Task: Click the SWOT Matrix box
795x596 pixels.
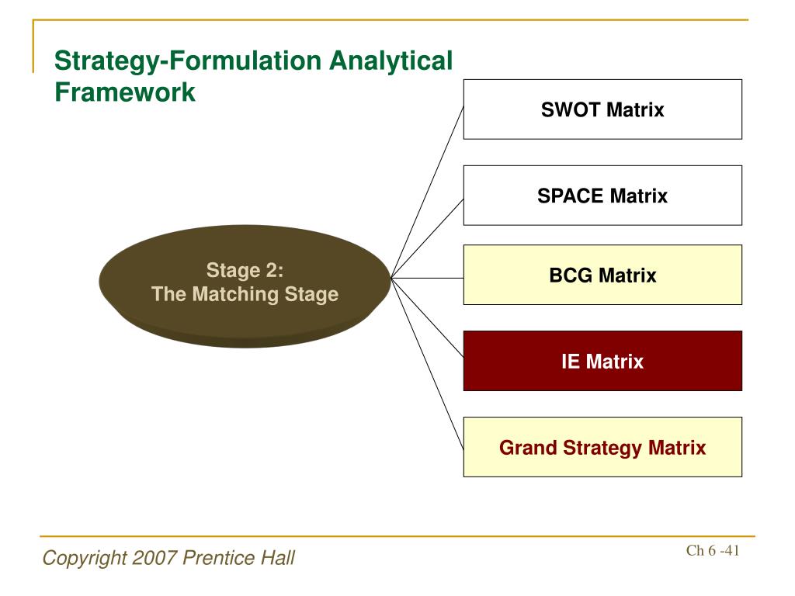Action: [602, 109]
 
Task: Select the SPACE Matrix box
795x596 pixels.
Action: [602, 196]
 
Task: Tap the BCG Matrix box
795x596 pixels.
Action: [602, 275]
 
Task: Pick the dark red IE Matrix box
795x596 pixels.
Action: [602, 362]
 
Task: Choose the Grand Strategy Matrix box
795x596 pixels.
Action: [602, 448]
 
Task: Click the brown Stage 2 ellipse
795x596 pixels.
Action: [245, 286]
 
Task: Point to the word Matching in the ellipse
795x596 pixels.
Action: [236, 295]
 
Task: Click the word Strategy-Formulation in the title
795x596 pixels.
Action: [188, 61]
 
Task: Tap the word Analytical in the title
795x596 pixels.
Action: [391, 61]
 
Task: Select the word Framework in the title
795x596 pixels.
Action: [125, 92]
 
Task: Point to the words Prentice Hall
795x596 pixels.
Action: [238, 558]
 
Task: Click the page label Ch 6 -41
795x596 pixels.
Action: [713, 550]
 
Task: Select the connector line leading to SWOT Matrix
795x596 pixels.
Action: [428, 192]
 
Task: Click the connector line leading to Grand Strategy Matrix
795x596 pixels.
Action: [428, 364]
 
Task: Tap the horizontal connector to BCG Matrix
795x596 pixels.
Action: [428, 279]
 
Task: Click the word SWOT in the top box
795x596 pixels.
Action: [571, 110]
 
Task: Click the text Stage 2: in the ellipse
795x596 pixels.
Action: [245, 271]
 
